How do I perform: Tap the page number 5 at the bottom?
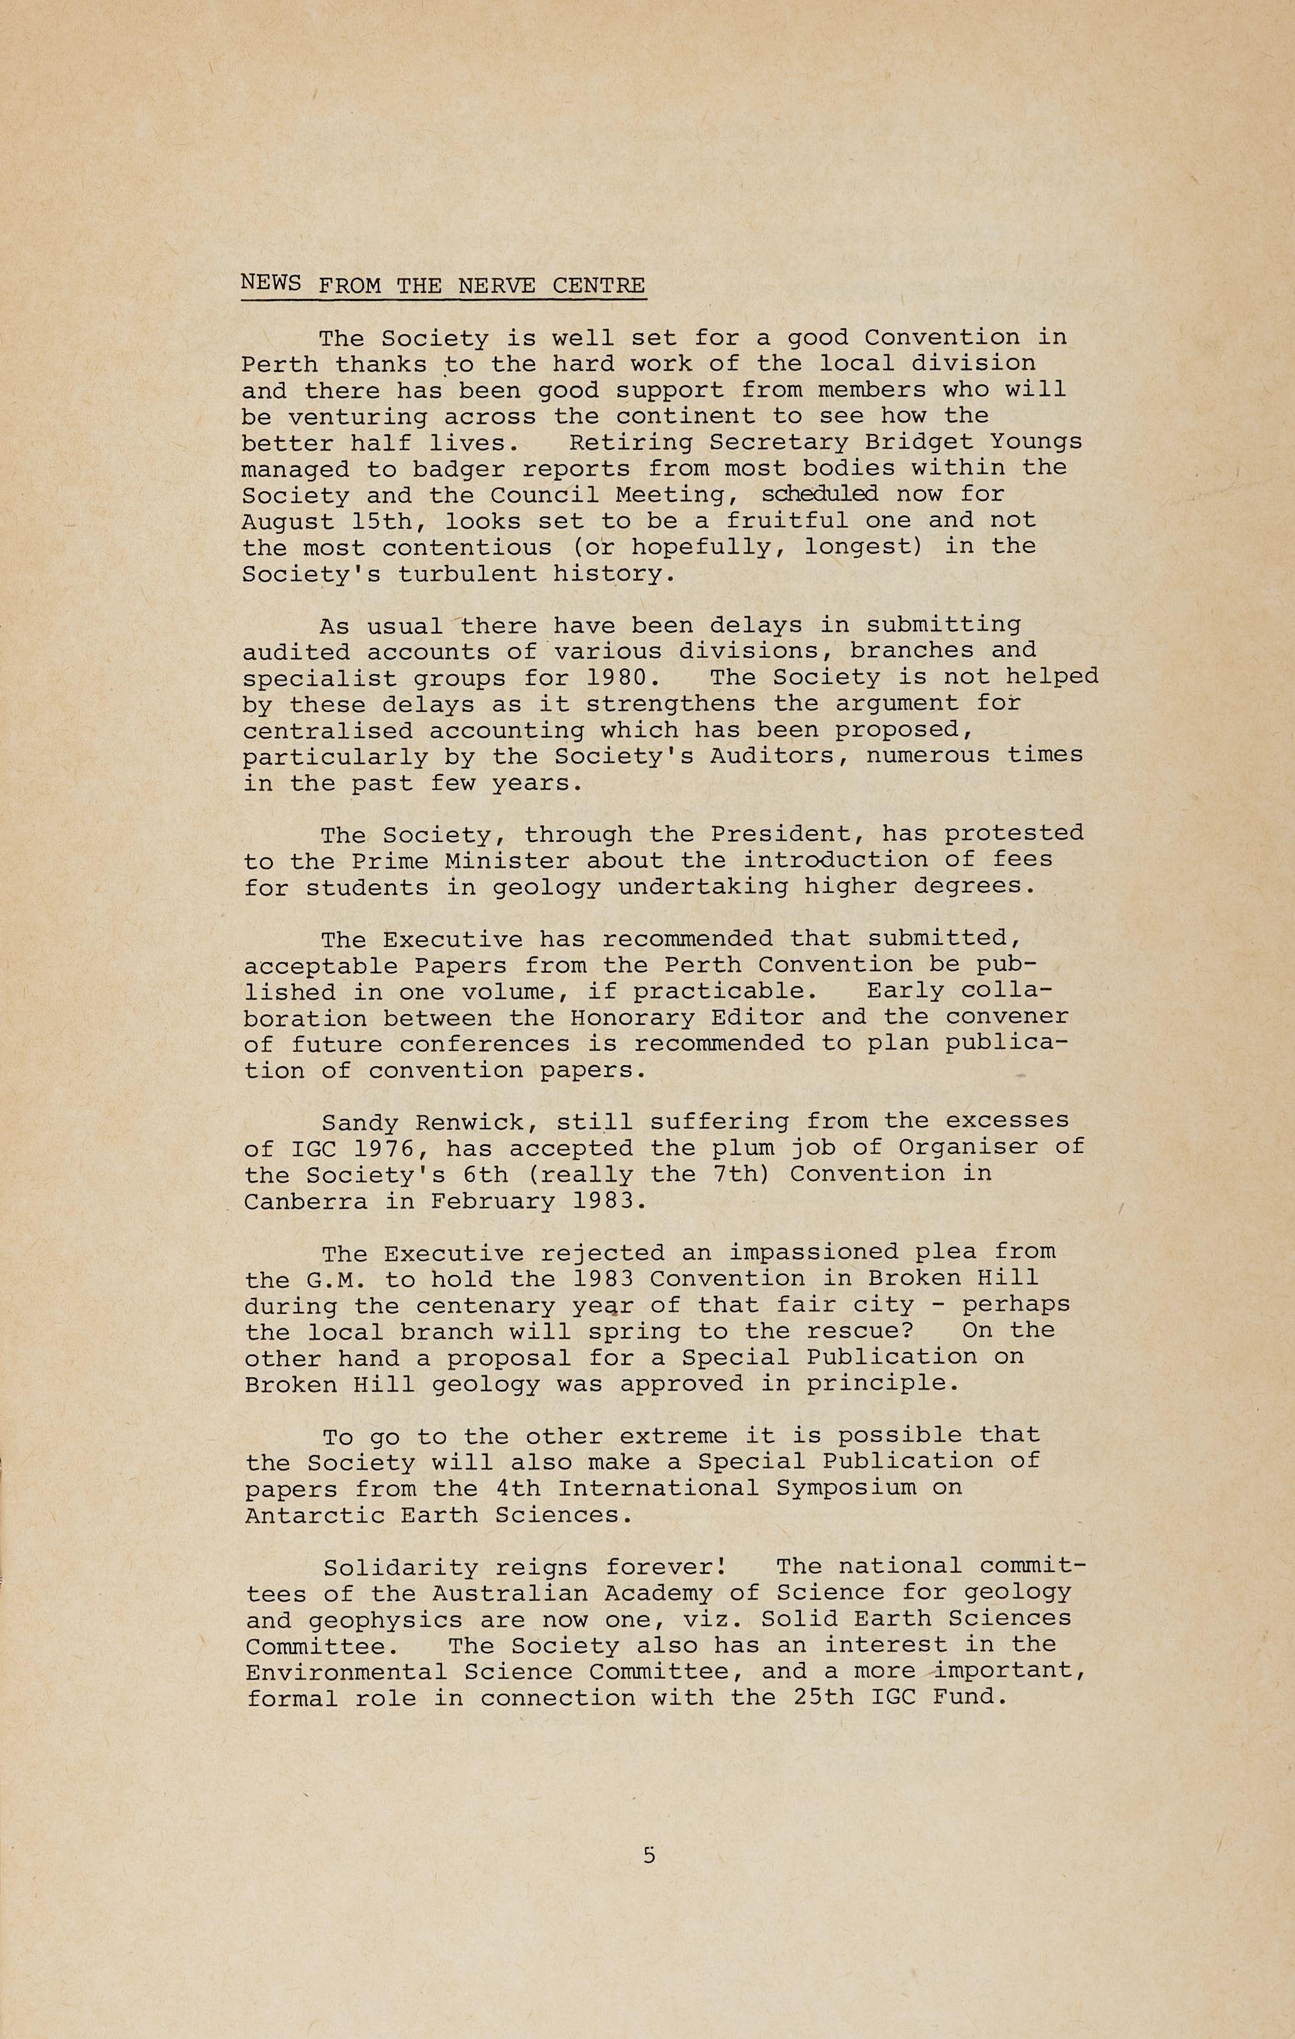[x=649, y=1856]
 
